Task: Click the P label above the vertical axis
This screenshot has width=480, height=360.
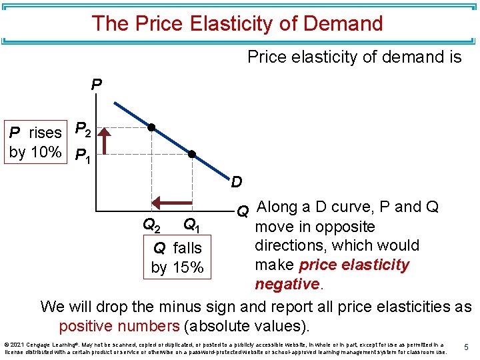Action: [97, 86]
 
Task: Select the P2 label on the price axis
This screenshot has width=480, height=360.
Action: [83, 129]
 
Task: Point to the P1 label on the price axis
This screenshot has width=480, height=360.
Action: [83, 157]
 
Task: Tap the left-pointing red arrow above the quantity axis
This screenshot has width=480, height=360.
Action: [172, 201]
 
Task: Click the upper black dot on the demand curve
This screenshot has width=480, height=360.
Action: [152, 127]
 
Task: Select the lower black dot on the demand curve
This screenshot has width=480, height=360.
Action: [191, 154]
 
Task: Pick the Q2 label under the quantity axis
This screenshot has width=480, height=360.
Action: [151, 225]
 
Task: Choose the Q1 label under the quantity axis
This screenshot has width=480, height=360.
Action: [192, 225]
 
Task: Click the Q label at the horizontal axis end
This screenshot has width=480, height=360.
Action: [243, 211]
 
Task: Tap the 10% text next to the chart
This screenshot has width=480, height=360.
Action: [46, 152]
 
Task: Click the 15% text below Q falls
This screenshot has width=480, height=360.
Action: [187, 268]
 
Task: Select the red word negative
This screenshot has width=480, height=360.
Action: [287, 284]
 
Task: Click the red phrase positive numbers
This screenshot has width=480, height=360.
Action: [119, 327]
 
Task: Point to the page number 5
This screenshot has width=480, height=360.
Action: [467, 346]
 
